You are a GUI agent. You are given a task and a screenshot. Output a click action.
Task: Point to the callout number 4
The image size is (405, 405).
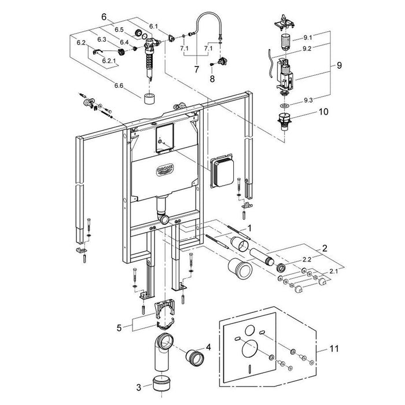pyautogui.click(x=209, y=347)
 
